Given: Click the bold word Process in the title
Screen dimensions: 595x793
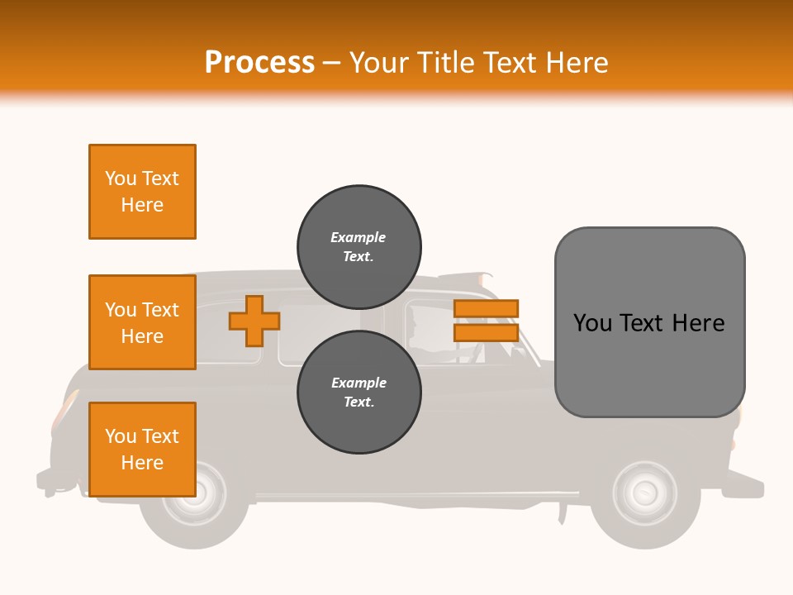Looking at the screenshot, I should (259, 63).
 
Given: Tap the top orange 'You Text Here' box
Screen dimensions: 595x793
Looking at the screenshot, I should (142, 192).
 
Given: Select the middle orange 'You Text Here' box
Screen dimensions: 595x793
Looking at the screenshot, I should (142, 322).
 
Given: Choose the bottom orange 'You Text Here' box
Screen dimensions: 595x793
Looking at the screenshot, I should (142, 450).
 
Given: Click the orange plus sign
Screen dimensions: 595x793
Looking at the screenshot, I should (254, 321).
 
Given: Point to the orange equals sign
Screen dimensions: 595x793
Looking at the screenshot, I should (486, 321).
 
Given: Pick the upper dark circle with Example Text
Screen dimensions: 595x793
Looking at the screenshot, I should (359, 246).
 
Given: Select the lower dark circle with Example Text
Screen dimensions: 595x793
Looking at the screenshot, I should (359, 392).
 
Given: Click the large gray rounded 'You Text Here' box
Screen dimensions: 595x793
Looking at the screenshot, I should (649, 322).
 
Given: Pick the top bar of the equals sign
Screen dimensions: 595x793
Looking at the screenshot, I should (486, 308).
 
